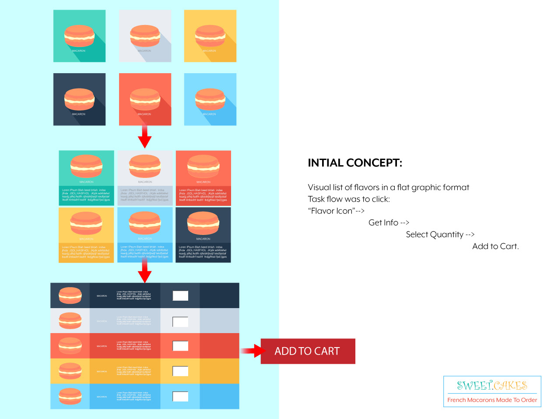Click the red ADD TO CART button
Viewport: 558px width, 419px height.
308,351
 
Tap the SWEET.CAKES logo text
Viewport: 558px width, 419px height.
492,385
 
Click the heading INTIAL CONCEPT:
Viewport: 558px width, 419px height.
354,163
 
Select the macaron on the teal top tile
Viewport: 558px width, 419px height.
79,36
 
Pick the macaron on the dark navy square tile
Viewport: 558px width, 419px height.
79,99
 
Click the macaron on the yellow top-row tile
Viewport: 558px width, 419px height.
210,36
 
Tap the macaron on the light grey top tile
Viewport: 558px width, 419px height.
145,36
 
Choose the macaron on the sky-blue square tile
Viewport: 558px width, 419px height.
210,99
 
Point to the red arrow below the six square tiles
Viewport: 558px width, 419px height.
144,138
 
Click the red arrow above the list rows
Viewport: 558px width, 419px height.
144,272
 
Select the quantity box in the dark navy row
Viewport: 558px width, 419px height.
180,295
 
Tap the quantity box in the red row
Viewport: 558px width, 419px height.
180,346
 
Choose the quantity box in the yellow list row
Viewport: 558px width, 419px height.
180,371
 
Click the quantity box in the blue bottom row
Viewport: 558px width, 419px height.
180,396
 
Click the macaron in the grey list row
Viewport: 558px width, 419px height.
70,320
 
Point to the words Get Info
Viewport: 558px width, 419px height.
383,223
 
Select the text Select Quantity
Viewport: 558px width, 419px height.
434,234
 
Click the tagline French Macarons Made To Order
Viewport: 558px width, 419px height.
492,400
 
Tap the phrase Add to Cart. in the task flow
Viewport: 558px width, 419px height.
495,246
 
